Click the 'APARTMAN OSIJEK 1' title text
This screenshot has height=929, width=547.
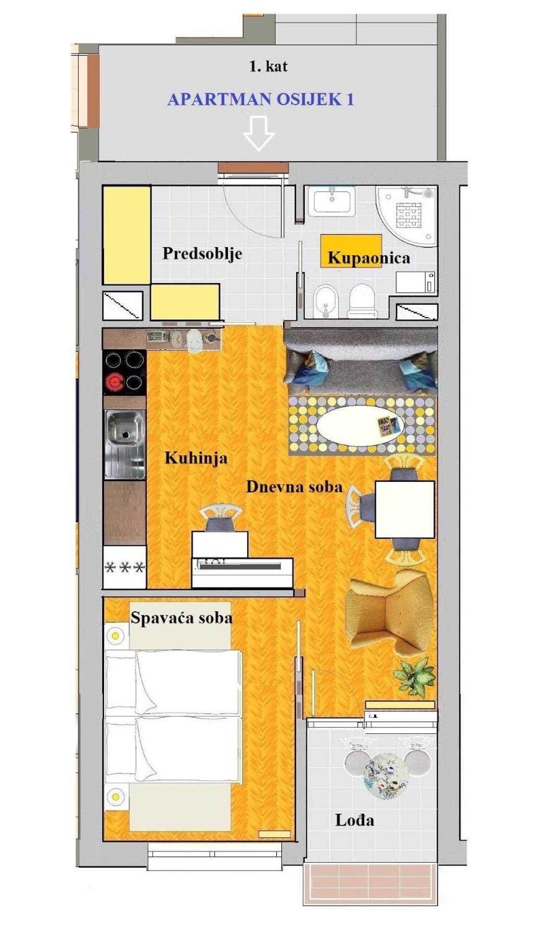coord(261,99)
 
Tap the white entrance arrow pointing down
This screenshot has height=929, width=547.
coord(259,133)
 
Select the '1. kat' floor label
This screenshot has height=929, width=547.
coord(268,66)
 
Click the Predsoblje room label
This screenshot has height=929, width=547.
coord(202,253)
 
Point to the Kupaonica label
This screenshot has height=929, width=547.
coord(369,258)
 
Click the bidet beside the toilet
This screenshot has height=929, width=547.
coord(326,302)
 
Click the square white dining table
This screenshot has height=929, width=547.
coord(404,510)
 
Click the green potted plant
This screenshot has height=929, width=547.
coord(415,676)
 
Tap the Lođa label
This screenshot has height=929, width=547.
coord(355,821)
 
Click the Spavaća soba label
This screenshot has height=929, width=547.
coord(181,618)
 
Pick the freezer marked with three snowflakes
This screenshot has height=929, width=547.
coord(125,567)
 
